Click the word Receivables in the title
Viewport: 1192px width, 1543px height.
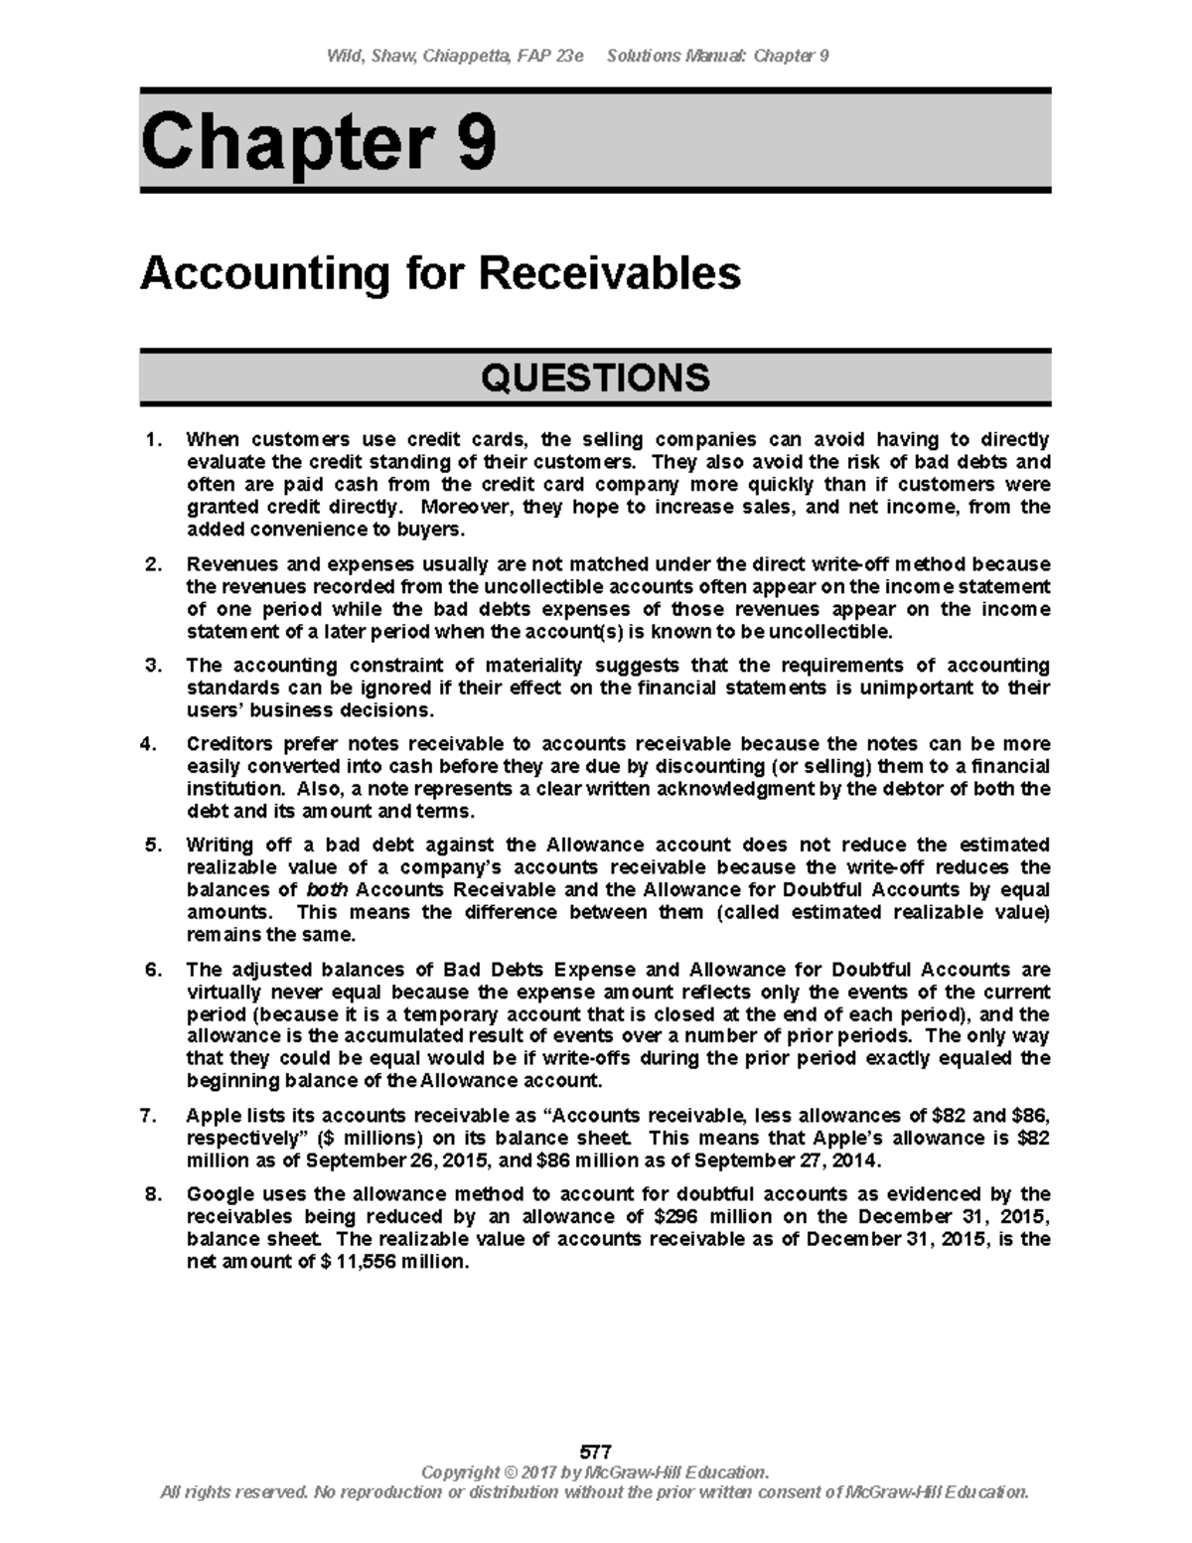610,272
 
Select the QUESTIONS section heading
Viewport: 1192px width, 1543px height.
595,378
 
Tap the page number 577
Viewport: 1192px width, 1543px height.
595,1452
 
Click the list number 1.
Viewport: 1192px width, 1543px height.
151,439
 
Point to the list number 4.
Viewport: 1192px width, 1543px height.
151,744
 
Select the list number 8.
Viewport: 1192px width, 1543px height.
151,1194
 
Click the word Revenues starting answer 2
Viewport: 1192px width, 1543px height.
226,564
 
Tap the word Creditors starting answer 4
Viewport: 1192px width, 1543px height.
229,744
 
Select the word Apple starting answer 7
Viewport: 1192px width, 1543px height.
213,1116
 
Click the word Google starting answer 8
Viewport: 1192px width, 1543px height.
220,1194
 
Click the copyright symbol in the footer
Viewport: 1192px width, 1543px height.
511,1471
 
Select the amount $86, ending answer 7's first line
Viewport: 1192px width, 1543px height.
1029,1116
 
